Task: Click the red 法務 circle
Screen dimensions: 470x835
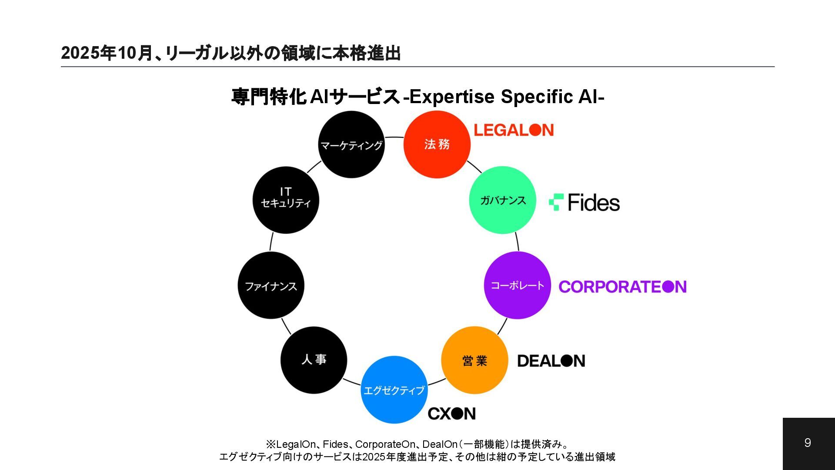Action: (x=437, y=144)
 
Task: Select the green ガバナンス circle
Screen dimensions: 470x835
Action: (x=502, y=200)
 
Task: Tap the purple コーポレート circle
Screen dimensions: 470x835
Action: (x=517, y=285)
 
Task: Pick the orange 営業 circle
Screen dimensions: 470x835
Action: (x=474, y=360)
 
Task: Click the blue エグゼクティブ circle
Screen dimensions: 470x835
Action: (x=394, y=390)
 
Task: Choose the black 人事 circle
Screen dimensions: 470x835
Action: (x=314, y=360)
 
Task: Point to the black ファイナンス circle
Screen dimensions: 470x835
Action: (x=271, y=286)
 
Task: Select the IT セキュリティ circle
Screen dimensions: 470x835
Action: (x=286, y=200)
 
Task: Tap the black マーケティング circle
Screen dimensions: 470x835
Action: (x=351, y=144)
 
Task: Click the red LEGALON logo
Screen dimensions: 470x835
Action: (x=514, y=130)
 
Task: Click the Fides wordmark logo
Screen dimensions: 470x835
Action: (x=594, y=203)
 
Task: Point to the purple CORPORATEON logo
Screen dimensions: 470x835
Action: (x=622, y=287)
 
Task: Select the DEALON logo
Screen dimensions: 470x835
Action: (x=551, y=361)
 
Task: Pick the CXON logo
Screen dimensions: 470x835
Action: (x=451, y=413)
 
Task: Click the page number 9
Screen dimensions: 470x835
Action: (x=808, y=443)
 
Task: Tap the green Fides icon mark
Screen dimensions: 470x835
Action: (x=556, y=202)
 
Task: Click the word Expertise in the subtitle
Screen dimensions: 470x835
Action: (x=452, y=97)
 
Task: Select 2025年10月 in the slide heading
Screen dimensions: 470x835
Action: (x=107, y=53)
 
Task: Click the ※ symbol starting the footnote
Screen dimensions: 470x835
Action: (x=271, y=444)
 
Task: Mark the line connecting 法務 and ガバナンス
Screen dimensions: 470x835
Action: (x=474, y=167)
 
